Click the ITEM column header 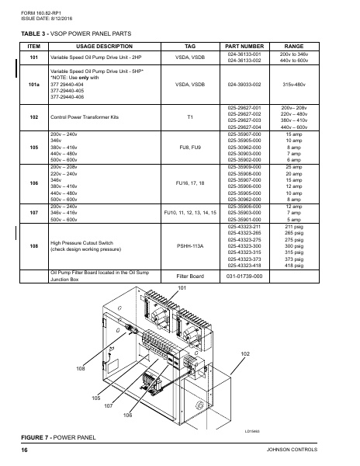tap(33, 46)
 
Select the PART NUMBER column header tap(244, 46)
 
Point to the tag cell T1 tap(191, 116)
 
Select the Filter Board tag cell tap(191, 276)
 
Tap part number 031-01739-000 tap(244, 276)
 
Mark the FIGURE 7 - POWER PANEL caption tap(58, 437)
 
